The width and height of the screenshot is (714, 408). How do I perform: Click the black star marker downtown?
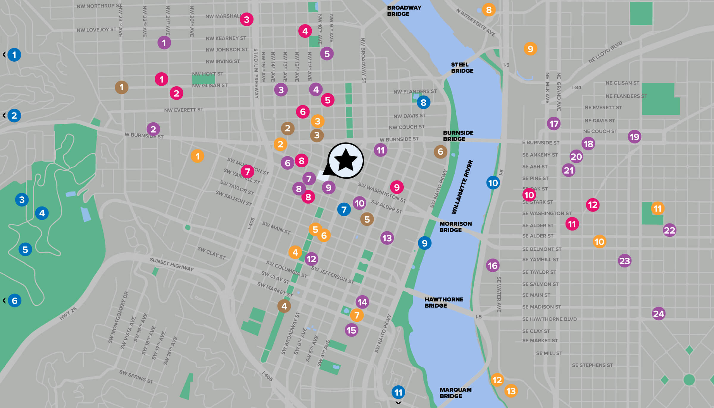click(345, 160)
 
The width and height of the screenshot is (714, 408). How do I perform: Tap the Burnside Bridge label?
click(458, 136)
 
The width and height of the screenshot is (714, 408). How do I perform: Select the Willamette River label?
click(462, 187)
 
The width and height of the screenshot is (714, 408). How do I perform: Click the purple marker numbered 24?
click(658, 314)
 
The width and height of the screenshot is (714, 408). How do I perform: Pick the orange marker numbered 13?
click(511, 391)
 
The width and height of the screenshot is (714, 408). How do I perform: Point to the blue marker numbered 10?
click(493, 183)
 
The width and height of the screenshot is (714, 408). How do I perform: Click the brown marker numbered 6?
click(440, 152)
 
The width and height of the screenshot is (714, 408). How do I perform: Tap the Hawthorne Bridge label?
click(444, 302)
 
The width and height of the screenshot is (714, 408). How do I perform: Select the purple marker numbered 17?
click(554, 124)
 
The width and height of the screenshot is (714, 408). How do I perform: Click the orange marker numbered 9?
click(530, 49)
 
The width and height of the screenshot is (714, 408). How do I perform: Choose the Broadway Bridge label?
click(404, 11)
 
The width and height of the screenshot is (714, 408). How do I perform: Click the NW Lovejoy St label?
click(96, 30)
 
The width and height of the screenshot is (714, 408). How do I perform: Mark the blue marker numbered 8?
click(423, 102)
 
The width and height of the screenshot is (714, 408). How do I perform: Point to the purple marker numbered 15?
click(351, 330)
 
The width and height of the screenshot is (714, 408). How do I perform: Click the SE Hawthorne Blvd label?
click(549, 319)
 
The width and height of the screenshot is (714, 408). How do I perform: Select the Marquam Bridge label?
click(455, 393)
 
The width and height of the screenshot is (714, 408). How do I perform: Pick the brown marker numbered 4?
click(284, 306)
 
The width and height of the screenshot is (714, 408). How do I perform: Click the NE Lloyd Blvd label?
click(605, 52)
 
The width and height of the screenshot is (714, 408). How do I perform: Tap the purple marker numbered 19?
click(634, 137)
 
